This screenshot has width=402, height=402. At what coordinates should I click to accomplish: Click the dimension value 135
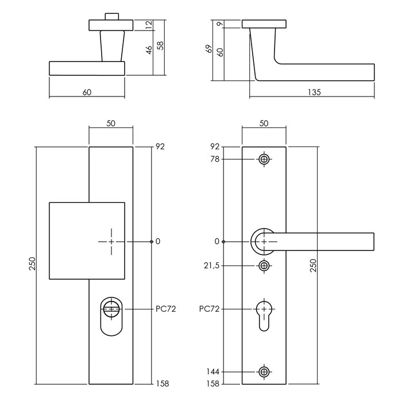[314, 92]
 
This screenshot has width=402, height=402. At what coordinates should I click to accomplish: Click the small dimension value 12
[149, 25]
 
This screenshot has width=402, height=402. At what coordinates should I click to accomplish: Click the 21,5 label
[212, 266]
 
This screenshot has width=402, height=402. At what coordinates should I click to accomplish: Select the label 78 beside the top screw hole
[216, 159]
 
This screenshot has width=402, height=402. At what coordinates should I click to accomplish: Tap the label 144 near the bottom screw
[214, 372]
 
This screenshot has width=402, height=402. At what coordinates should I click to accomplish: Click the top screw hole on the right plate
[264, 159]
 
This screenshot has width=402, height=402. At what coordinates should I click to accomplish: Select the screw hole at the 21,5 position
[264, 265]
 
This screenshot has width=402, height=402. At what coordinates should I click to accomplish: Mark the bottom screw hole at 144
[264, 372]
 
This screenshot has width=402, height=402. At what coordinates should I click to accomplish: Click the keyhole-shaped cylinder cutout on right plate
[264, 315]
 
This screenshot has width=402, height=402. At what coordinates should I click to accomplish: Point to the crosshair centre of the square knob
[111, 241]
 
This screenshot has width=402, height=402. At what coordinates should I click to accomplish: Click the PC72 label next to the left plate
[165, 309]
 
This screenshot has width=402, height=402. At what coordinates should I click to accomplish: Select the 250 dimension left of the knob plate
[32, 264]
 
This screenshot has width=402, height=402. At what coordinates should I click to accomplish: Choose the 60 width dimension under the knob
[87, 92]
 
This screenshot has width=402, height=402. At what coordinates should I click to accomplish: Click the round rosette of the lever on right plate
[263, 241]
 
